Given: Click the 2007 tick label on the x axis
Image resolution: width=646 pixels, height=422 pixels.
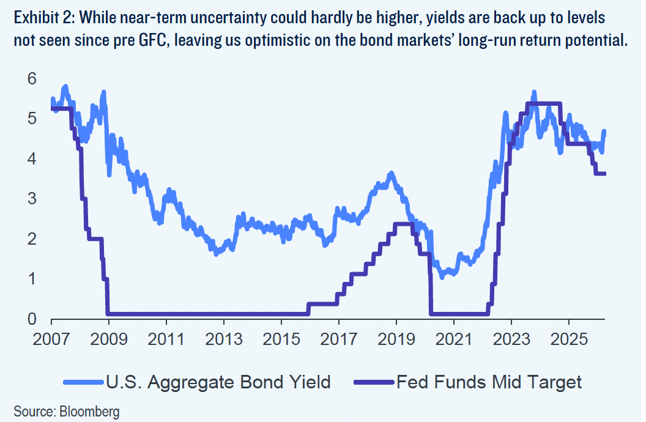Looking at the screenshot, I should (51, 339).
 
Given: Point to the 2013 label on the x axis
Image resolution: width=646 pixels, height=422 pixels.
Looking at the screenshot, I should (224, 339).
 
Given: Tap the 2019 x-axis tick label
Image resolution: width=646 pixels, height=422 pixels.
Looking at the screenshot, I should (396, 339).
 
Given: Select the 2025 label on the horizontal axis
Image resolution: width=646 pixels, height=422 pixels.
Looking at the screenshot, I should (569, 339).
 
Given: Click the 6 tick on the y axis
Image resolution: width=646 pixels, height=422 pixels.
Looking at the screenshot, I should (32, 79).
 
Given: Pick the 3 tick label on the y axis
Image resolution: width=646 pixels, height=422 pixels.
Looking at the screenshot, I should (32, 199).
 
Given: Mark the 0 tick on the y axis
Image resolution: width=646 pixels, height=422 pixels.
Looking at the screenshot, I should (32, 319).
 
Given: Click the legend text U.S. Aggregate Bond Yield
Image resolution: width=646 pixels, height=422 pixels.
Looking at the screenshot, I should (218, 382).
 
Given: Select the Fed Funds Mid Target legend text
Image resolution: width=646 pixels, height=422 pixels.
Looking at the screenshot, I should (489, 382).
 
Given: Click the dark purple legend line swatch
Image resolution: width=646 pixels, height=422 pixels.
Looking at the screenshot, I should (374, 383).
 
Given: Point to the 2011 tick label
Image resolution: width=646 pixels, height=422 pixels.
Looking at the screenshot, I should (166, 339).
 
